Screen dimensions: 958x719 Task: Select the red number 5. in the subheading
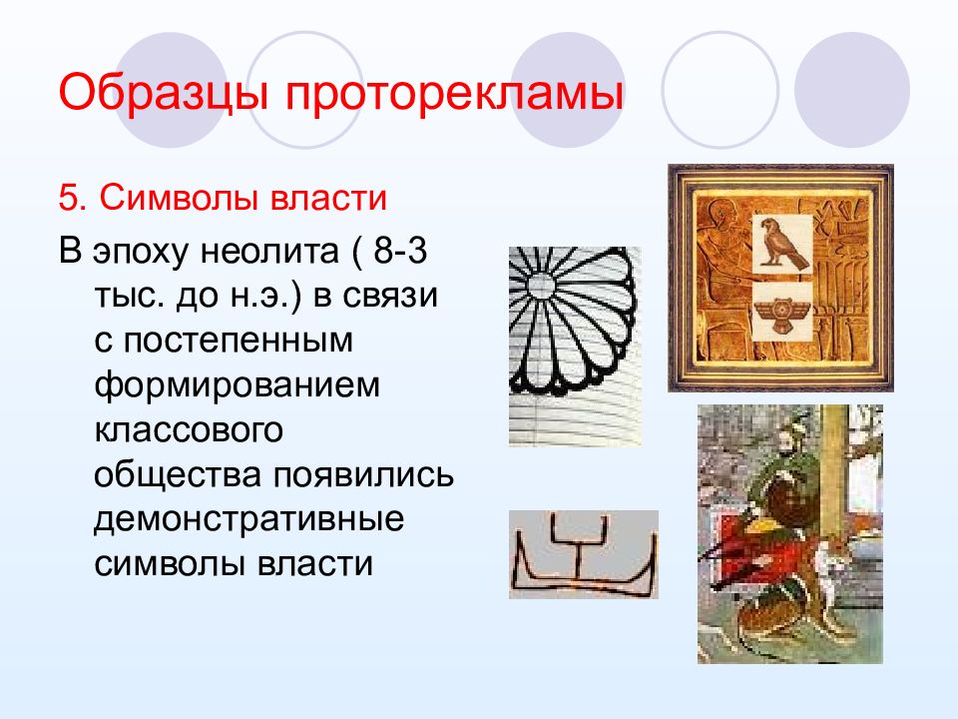click(72, 198)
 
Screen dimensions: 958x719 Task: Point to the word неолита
click(269, 251)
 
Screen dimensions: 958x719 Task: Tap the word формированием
click(238, 386)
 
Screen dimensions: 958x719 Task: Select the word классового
click(189, 430)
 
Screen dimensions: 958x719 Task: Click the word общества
click(178, 475)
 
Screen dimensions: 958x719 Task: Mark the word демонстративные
click(248, 520)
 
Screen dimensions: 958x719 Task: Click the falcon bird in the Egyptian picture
click(782, 244)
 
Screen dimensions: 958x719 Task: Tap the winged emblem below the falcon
click(782, 312)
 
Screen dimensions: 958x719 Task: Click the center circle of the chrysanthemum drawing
click(541, 285)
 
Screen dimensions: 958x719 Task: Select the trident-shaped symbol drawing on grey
click(583, 554)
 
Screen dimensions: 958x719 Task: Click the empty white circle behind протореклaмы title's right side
click(719, 91)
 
